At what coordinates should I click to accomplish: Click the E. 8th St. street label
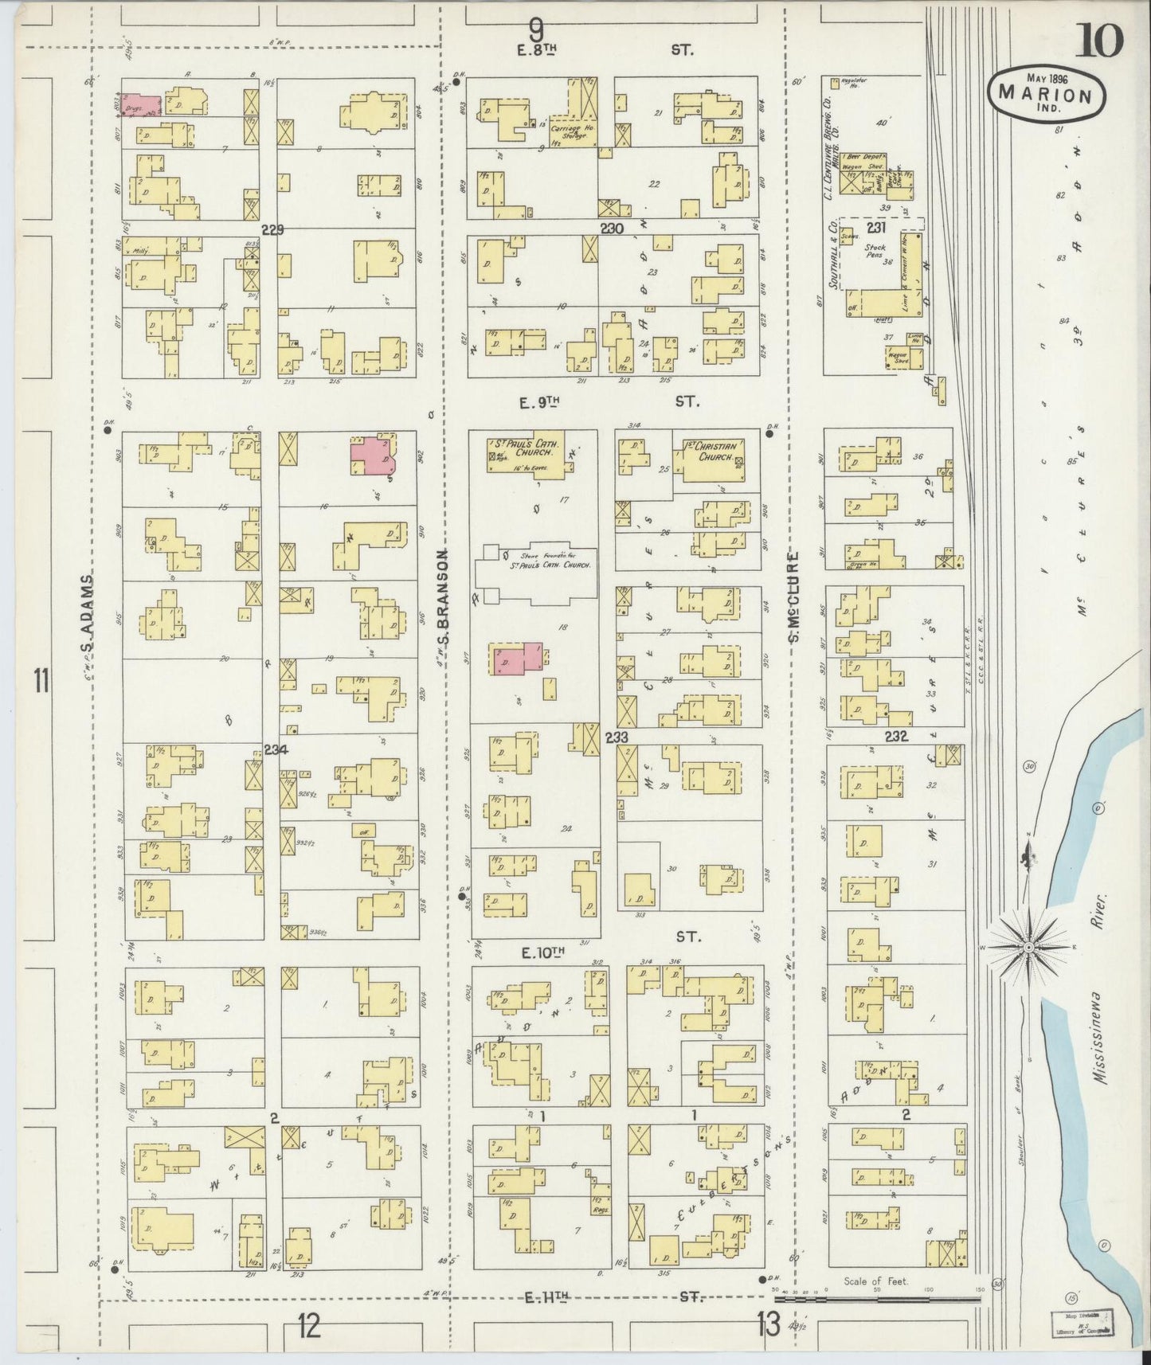(605, 49)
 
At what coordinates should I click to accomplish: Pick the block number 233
(617, 737)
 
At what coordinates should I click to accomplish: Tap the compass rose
(1028, 946)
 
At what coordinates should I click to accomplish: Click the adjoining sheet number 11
(41, 682)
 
